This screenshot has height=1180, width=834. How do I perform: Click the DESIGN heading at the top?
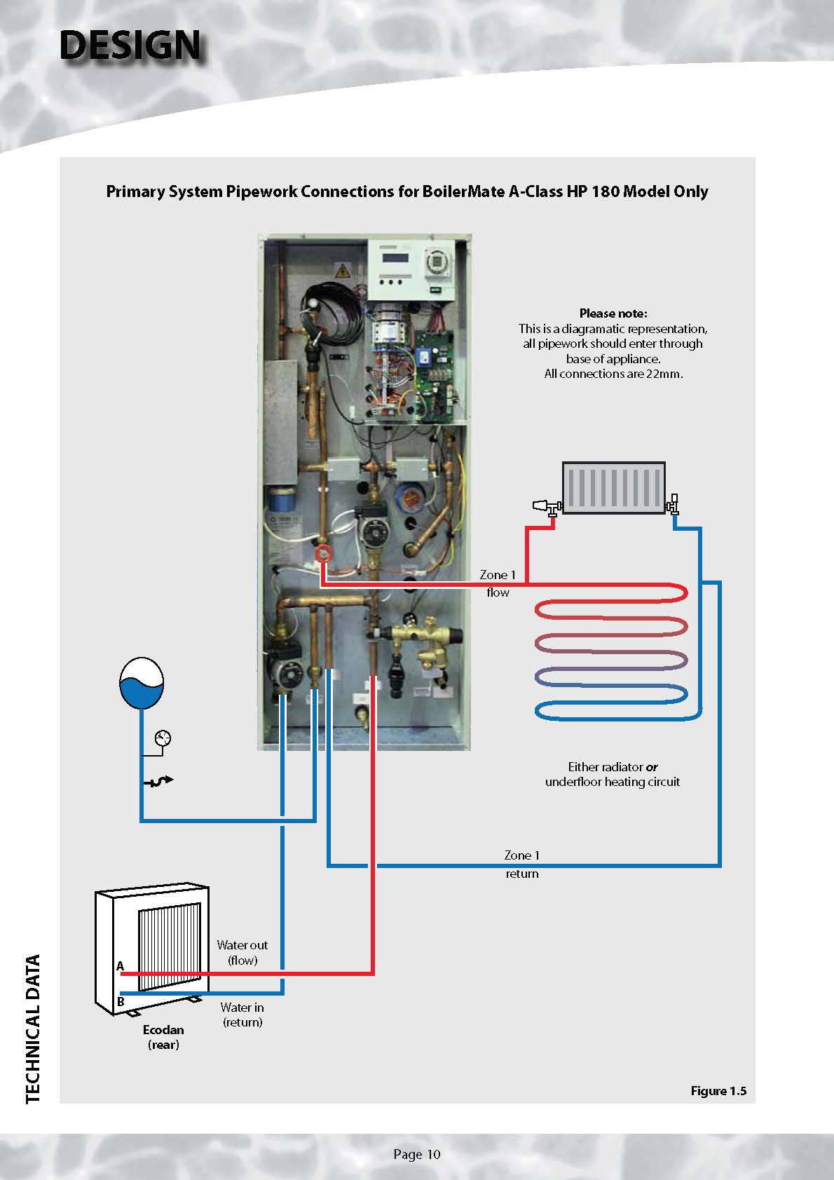(x=130, y=46)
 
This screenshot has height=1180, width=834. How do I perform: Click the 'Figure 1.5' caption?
(x=718, y=1090)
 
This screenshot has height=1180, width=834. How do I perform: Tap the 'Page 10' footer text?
(x=417, y=1154)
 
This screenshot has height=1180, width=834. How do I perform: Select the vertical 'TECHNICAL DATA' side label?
(x=33, y=1029)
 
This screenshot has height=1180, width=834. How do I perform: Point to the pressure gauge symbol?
(x=163, y=738)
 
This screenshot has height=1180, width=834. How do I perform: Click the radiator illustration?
(x=613, y=487)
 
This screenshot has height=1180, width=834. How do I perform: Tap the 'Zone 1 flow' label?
(x=498, y=583)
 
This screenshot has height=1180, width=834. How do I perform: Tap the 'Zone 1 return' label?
(x=522, y=864)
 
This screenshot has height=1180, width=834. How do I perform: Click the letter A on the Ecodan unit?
(x=120, y=966)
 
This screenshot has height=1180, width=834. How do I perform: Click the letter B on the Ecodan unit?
(x=121, y=1001)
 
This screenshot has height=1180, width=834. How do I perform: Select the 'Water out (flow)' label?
(x=242, y=952)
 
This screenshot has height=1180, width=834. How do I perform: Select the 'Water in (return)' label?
(x=242, y=1015)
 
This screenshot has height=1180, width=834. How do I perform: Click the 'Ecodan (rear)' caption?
(x=163, y=1037)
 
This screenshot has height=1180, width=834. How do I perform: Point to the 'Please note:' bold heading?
(x=613, y=313)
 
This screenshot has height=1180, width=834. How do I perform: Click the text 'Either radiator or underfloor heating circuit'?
(x=613, y=774)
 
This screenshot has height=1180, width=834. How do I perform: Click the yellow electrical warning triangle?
(x=343, y=269)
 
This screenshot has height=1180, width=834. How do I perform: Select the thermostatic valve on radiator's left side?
(x=545, y=505)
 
